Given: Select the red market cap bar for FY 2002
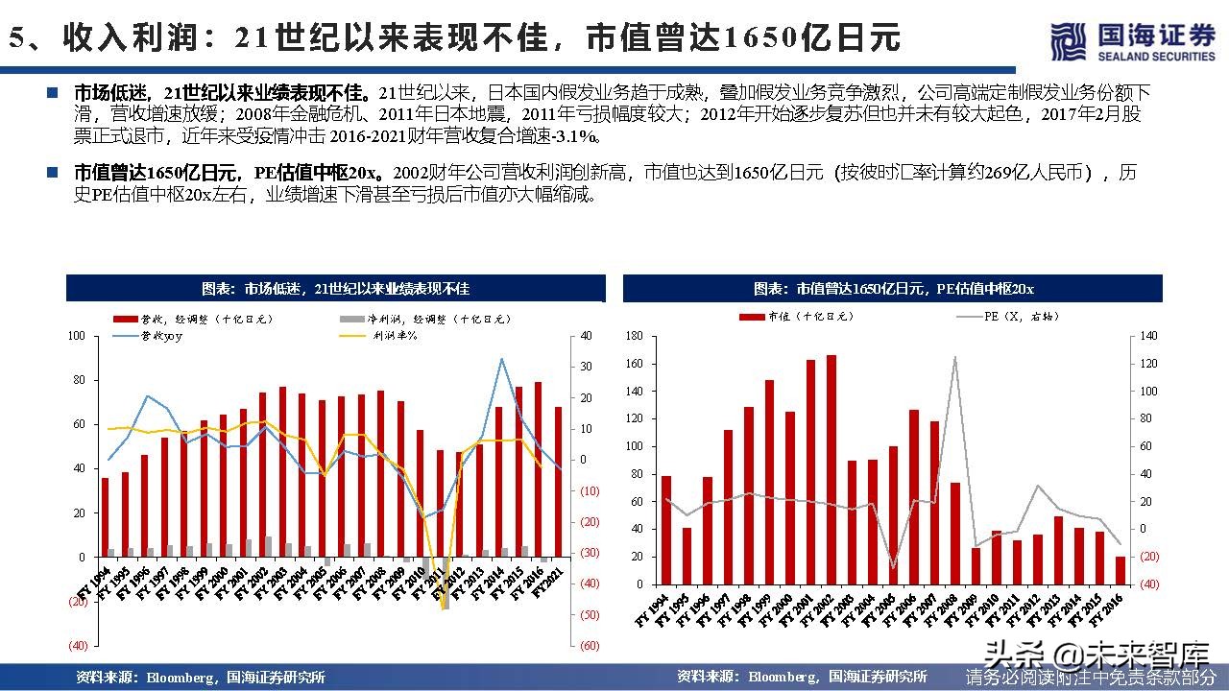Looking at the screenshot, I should tap(831, 469).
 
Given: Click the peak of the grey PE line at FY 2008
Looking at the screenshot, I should tap(954, 357).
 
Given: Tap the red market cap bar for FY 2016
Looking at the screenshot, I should tap(1120, 570).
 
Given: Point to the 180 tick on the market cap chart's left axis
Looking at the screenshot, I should tap(633, 336).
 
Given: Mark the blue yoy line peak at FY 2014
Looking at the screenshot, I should tap(501, 359).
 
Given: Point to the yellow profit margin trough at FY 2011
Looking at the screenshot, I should tap(444, 608).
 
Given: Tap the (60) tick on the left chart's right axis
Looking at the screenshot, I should tap(590, 646).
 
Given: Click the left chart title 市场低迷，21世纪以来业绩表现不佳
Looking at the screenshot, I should tap(335, 289).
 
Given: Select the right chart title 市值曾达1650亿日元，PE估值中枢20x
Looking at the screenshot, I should tap(893, 289).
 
